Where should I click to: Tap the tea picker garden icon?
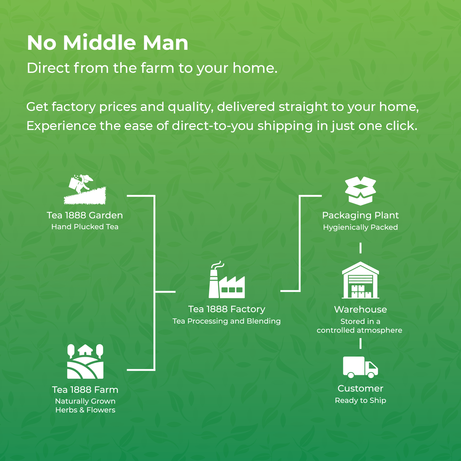(85, 190)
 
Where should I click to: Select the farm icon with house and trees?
(85, 361)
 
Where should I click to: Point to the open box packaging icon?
(361, 191)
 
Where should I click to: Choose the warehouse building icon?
(361, 280)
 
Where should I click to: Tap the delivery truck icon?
(361, 367)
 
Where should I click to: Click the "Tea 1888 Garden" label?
(85, 215)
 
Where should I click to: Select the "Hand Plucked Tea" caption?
(85, 227)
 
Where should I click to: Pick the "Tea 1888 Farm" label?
(85, 390)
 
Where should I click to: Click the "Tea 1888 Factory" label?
(227, 309)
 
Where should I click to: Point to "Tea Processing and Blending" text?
(227, 321)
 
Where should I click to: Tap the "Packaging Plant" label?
(361, 215)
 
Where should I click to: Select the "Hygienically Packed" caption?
(361, 227)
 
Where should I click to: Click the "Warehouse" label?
(361, 309)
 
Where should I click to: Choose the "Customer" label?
(361, 388)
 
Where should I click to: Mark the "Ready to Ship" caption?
(361, 400)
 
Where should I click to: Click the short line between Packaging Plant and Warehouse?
(361, 248)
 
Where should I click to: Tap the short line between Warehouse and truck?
(361, 344)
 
